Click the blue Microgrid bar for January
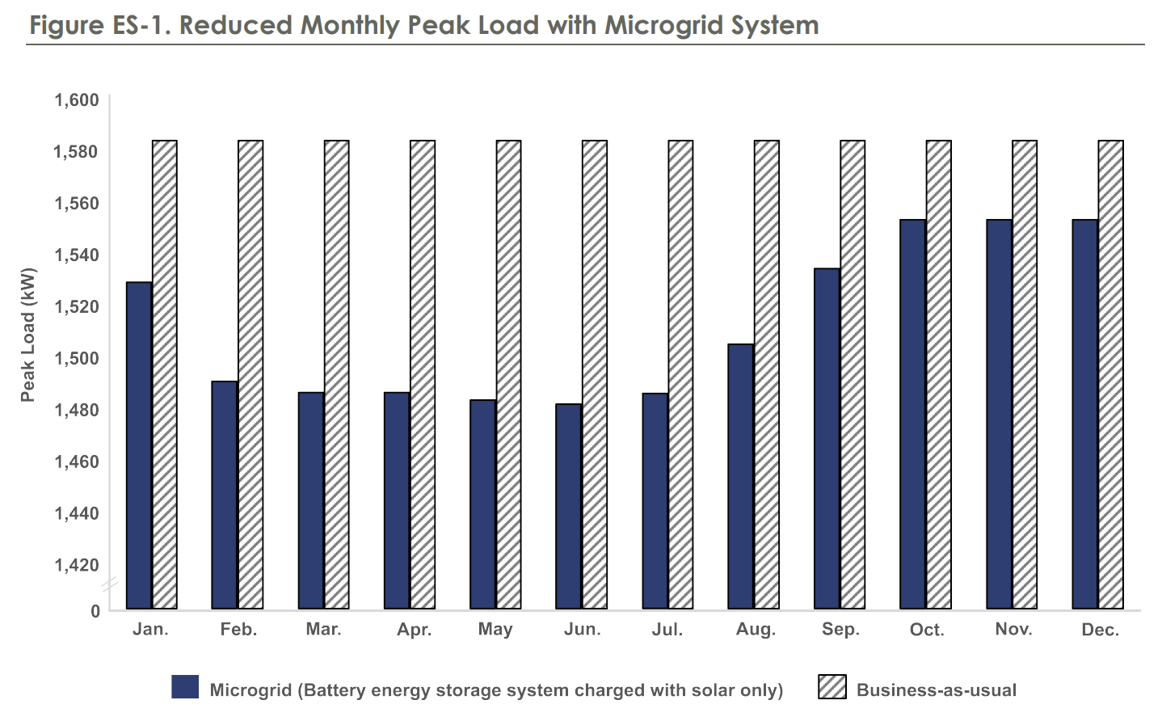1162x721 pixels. tap(139, 445)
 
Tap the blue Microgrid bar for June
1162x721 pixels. tap(569, 505)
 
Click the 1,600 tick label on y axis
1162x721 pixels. tap(77, 100)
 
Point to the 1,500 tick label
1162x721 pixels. tap(77, 358)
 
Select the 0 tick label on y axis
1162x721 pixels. tap(95, 611)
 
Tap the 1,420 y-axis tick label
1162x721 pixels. tap(77, 564)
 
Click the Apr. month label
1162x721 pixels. tap(414, 630)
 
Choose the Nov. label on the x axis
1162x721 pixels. tap(1014, 630)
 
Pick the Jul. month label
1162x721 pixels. tap(667, 630)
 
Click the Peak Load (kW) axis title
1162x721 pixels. tap(28, 335)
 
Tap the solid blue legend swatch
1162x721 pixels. tap(185, 687)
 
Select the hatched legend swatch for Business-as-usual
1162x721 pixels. tap(832, 687)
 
